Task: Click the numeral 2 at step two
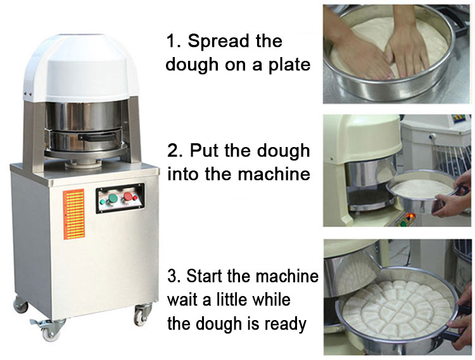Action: [173, 151]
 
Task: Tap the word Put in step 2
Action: [206, 151]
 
